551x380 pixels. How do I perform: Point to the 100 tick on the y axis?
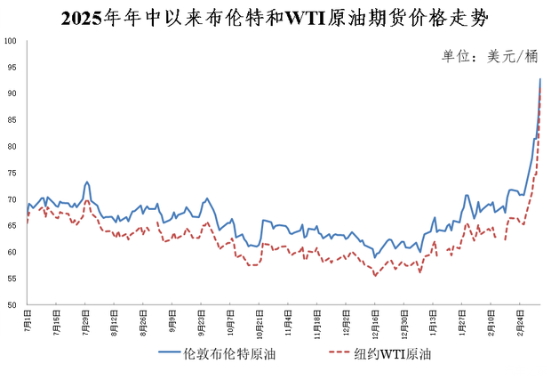[x=11, y=41]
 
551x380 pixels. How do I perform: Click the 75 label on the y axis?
[x=11, y=173]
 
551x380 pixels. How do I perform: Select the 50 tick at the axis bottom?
[x=11, y=305]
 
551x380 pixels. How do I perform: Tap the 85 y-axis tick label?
[x=11, y=120]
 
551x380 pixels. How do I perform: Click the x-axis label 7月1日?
[x=28, y=319]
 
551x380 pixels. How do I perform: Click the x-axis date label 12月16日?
[x=374, y=321]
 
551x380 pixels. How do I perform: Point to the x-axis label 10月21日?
[x=259, y=321]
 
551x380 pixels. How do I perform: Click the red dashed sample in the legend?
[x=345, y=353]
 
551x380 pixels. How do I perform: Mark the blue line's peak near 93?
[x=540, y=79]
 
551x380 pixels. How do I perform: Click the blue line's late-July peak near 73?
[x=86, y=182]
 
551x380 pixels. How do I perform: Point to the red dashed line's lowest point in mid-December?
[x=375, y=276]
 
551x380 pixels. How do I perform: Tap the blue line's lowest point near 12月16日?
[x=374, y=257]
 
